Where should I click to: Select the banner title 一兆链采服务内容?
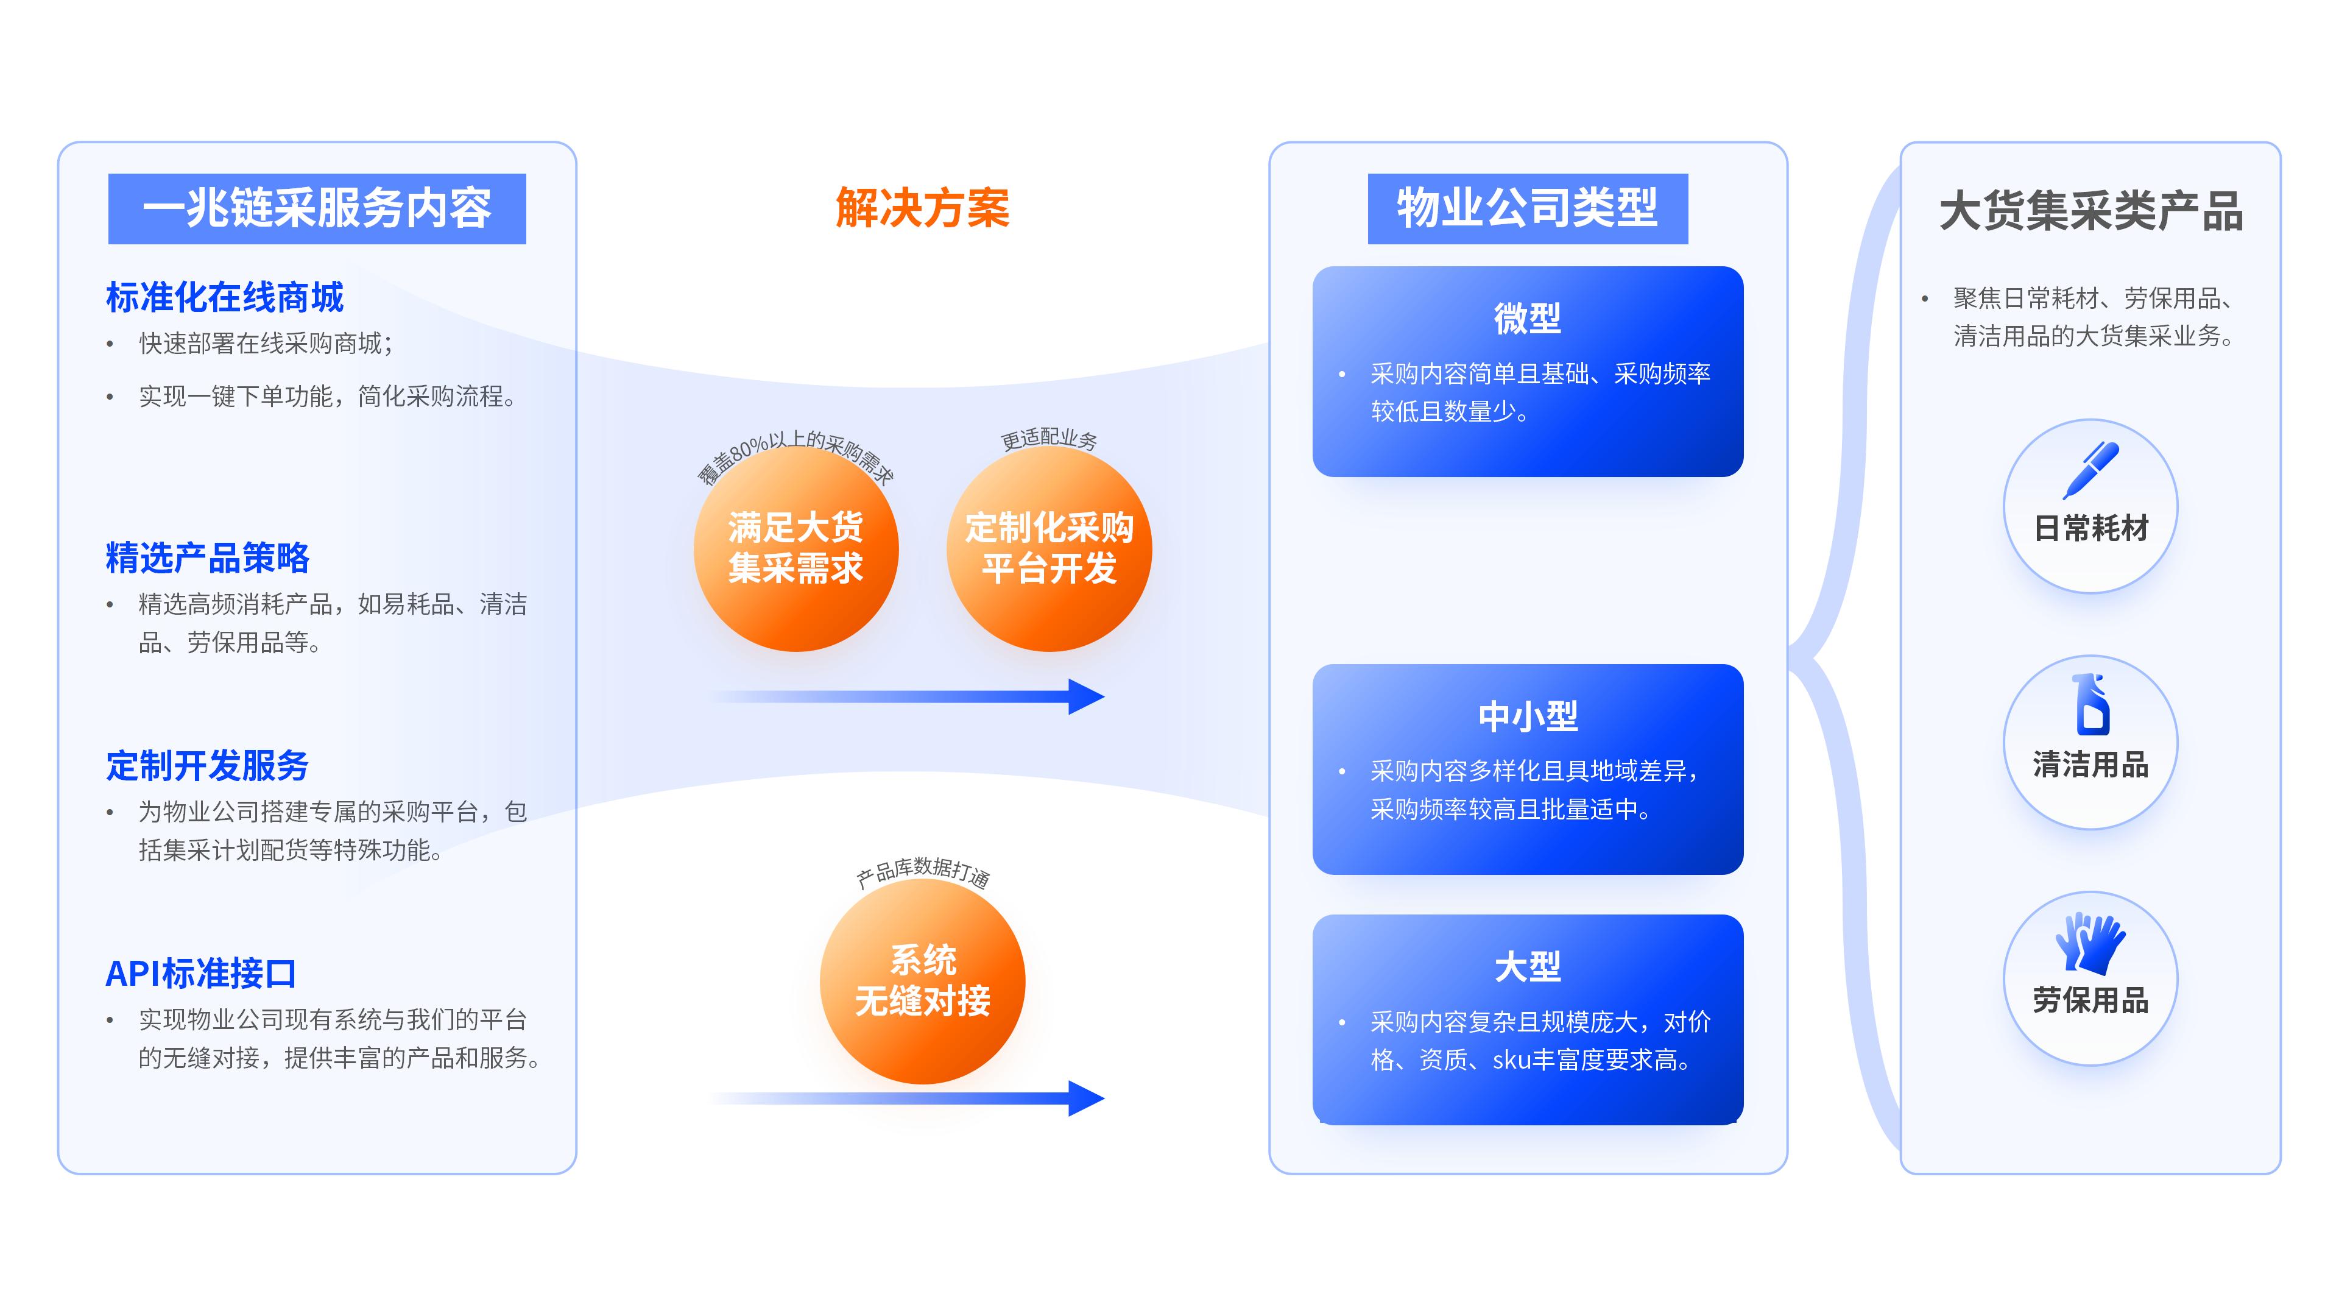317,208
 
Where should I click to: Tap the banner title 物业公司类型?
1527,208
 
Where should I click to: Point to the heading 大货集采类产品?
2090,211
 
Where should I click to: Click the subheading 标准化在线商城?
224,297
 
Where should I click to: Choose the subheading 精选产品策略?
207,557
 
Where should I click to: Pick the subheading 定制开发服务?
207,766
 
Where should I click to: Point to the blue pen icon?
2090,470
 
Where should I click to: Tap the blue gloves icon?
2090,944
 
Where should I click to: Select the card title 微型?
1527,319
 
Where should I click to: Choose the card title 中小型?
1527,716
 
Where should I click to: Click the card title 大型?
1527,966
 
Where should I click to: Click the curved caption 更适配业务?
1049,439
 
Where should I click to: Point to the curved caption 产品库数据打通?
923,872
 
